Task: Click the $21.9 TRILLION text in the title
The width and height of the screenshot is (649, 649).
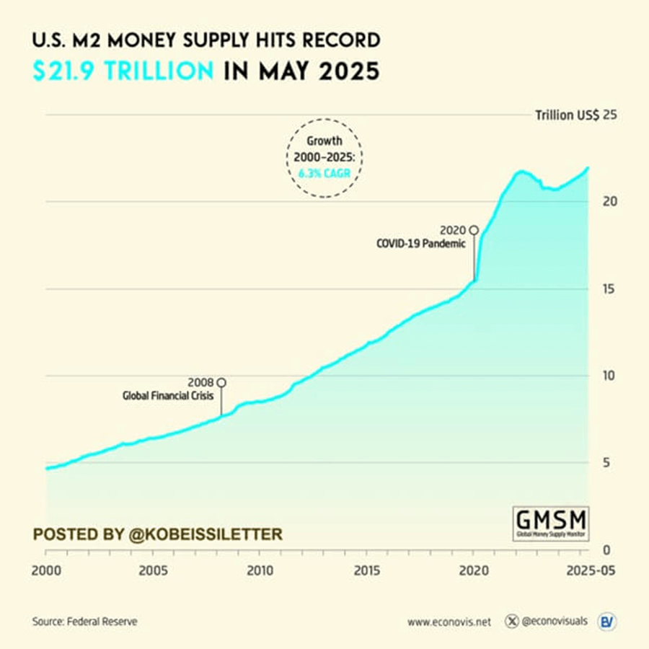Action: click(x=123, y=71)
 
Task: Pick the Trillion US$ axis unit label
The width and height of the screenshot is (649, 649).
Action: click(x=567, y=115)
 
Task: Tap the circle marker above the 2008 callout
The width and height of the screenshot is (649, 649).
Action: click(x=221, y=381)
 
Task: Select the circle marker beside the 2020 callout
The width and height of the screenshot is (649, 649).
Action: click(x=474, y=230)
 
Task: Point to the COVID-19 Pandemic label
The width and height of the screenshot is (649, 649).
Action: click(x=421, y=244)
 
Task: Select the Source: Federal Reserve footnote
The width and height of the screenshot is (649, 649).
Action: click(x=84, y=621)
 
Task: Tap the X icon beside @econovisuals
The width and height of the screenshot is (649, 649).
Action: click(x=513, y=621)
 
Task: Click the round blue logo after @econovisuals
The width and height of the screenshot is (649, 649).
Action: click(x=606, y=621)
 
